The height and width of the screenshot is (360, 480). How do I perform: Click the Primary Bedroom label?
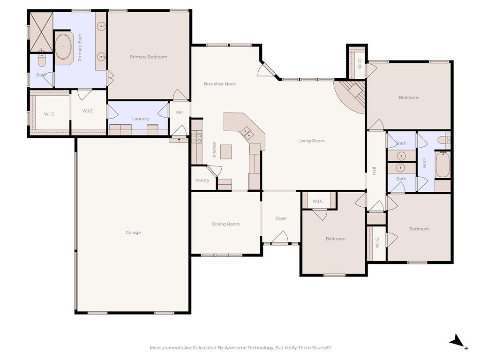(x=149, y=57)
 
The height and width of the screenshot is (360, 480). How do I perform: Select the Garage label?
(x=133, y=232)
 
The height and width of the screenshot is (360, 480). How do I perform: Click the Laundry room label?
(x=141, y=119)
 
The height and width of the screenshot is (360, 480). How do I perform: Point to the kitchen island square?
(x=226, y=152)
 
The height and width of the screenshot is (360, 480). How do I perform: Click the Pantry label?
(x=202, y=180)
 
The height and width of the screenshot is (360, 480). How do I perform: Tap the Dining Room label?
(x=225, y=224)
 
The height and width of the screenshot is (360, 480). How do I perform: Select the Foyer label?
(x=281, y=218)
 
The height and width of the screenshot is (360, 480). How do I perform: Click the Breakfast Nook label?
(x=220, y=84)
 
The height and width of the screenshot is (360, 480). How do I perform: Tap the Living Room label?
(x=311, y=141)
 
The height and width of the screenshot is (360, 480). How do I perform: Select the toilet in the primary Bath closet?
(x=41, y=61)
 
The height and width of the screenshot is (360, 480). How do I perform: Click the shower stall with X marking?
(x=41, y=31)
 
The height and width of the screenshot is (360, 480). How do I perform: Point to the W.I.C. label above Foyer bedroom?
(x=318, y=202)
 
